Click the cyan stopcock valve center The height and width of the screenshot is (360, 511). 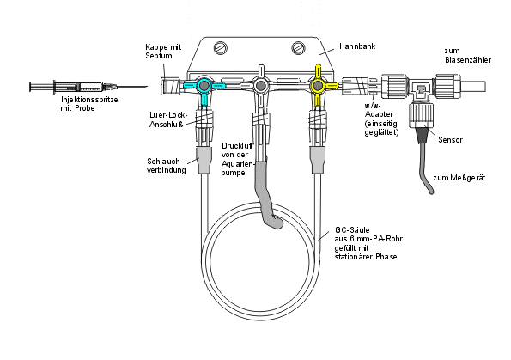(x=204, y=86)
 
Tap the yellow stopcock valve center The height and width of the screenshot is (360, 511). (x=318, y=86)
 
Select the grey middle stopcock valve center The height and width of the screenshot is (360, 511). (x=260, y=86)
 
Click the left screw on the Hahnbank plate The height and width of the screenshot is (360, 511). (x=221, y=47)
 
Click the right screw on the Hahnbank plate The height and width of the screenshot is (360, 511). (x=298, y=47)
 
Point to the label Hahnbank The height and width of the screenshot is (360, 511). (x=357, y=46)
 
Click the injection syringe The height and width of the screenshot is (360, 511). (x=88, y=87)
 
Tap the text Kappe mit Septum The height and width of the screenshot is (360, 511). (x=163, y=52)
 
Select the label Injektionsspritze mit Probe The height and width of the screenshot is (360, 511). (x=89, y=104)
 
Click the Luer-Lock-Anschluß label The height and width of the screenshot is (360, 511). (x=168, y=119)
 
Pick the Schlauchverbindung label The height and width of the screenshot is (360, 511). (x=167, y=166)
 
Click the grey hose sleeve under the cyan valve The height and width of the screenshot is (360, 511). (x=204, y=160)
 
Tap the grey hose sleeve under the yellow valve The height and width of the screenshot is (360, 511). (x=317, y=160)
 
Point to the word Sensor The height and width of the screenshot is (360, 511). (x=450, y=140)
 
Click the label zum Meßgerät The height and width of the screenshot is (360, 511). (x=459, y=178)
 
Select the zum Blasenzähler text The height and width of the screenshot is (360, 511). (x=468, y=56)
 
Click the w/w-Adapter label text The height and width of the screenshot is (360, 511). (x=381, y=119)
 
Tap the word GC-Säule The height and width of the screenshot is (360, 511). (x=352, y=230)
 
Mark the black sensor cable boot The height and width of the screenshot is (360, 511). (x=423, y=135)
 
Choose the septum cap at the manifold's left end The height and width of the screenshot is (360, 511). (x=170, y=86)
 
